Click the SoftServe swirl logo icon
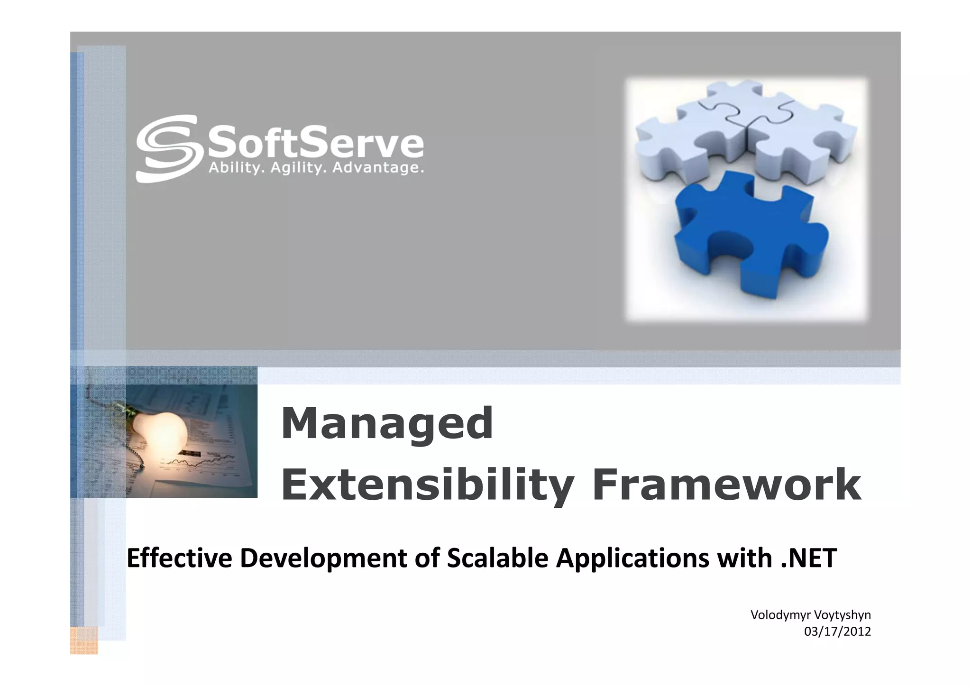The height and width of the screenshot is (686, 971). point(166,148)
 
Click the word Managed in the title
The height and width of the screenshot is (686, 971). point(387,423)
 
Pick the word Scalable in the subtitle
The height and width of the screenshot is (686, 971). point(497,558)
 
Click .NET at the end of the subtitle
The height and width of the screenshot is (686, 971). point(808,558)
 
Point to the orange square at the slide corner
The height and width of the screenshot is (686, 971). point(84,640)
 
